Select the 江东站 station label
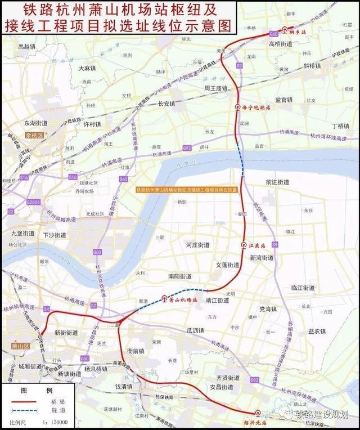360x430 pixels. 256,245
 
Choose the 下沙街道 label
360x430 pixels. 55,235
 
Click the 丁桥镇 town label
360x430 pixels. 340,126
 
